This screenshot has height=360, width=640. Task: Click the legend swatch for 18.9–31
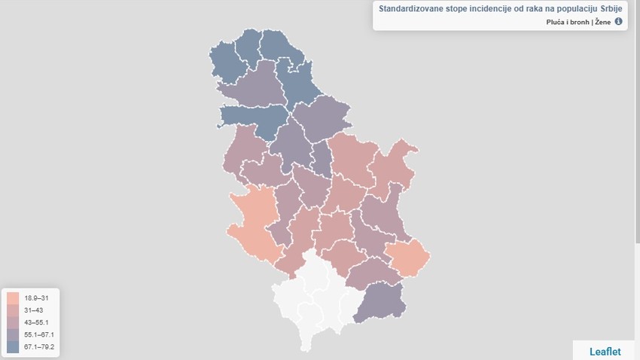pyautogui.click(x=13, y=298)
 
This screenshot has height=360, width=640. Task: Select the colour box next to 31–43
pyautogui.click(x=13, y=310)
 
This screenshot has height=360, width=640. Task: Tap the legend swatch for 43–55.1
pyautogui.click(x=13, y=322)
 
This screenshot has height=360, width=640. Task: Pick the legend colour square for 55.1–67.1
pyautogui.click(x=13, y=334)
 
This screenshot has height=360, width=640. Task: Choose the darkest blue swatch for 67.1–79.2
pyautogui.click(x=13, y=346)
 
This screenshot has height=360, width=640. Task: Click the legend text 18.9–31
pyautogui.click(x=35, y=298)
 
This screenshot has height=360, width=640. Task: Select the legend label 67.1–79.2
pyautogui.click(x=39, y=346)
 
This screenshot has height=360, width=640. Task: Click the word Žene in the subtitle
pyautogui.click(x=603, y=22)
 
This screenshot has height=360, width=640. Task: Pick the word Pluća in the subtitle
pyautogui.click(x=556, y=22)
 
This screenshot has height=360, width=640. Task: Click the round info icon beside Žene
pyautogui.click(x=619, y=22)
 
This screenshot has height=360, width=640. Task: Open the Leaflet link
pyautogui.click(x=605, y=350)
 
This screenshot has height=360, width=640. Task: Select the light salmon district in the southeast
pyautogui.click(x=409, y=258)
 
